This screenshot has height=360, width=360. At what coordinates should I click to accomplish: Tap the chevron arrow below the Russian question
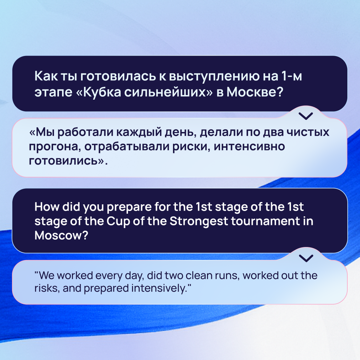click(306, 116)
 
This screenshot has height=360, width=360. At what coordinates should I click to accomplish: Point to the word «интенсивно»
click(249, 146)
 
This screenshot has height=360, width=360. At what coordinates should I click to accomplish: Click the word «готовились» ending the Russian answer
click(63, 161)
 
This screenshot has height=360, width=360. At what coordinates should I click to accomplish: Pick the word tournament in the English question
click(265, 221)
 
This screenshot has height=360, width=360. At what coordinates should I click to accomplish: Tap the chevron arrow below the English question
click(306, 258)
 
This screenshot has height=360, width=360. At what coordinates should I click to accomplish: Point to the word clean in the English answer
click(199, 275)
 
